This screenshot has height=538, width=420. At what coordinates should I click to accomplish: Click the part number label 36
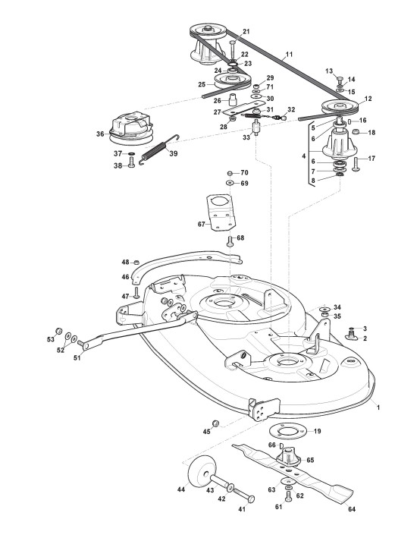[100, 134]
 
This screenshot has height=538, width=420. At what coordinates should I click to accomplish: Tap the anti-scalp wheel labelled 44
[199, 474]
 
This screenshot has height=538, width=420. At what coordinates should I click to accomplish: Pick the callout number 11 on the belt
[289, 54]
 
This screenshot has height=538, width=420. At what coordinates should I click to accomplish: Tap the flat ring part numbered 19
[287, 432]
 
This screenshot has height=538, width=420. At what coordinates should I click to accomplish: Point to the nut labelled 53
[59, 331]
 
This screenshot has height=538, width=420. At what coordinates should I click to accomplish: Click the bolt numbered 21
[233, 50]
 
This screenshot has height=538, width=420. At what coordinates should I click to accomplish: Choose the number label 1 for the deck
[378, 407]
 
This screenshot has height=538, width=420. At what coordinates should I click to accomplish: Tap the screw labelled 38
[132, 162]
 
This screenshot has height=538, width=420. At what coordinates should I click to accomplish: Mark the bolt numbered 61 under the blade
[288, 496]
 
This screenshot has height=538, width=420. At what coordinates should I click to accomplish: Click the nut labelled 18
[356, 132]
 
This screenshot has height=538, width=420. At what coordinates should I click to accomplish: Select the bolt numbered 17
[356, 163]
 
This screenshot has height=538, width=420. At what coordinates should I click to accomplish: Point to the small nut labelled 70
[230, 173]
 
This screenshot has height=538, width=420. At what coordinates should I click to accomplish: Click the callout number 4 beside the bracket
[303, 156]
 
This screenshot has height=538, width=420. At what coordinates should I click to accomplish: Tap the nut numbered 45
[215, 423]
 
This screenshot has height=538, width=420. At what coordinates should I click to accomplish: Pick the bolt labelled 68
[230, 241]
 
